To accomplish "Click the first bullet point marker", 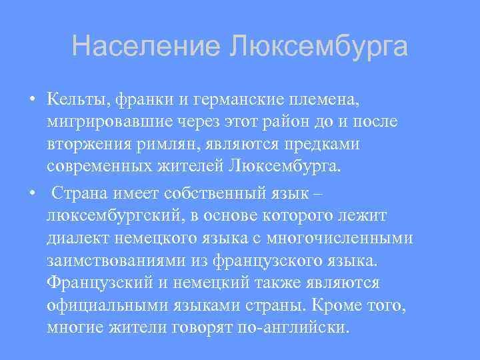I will [31, 100].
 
